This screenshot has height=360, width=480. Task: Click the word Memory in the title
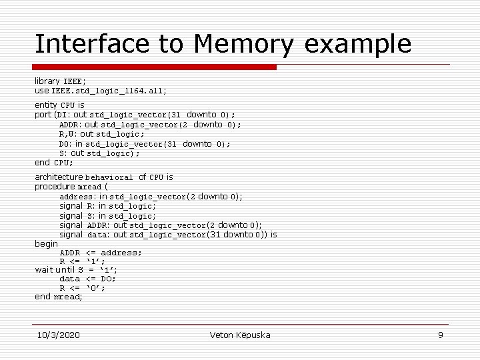tap(243, 44)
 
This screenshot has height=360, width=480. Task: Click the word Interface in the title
tap(92, 44)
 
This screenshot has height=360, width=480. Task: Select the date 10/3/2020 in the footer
tap(59, 335)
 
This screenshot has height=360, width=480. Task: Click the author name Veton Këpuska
tap(240, 335)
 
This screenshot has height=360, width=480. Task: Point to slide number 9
tap(440, 335)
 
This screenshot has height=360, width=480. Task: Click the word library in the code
tap(47, 81)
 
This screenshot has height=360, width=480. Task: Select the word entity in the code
tap(46, 105)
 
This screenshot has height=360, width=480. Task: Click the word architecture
tap(59, 177)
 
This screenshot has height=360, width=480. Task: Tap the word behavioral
tap(109, 178)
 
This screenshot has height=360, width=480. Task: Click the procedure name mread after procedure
tap(89, 187)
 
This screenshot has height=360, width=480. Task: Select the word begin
tap(46, 244)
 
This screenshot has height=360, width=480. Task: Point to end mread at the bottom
tap(59, 297)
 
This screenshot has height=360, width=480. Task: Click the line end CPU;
tap(54, 163)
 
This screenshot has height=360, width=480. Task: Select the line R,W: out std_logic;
tap(101, 134)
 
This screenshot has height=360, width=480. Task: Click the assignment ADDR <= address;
tap(101, 253)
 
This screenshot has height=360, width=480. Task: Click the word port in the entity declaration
tap(43, 115)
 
